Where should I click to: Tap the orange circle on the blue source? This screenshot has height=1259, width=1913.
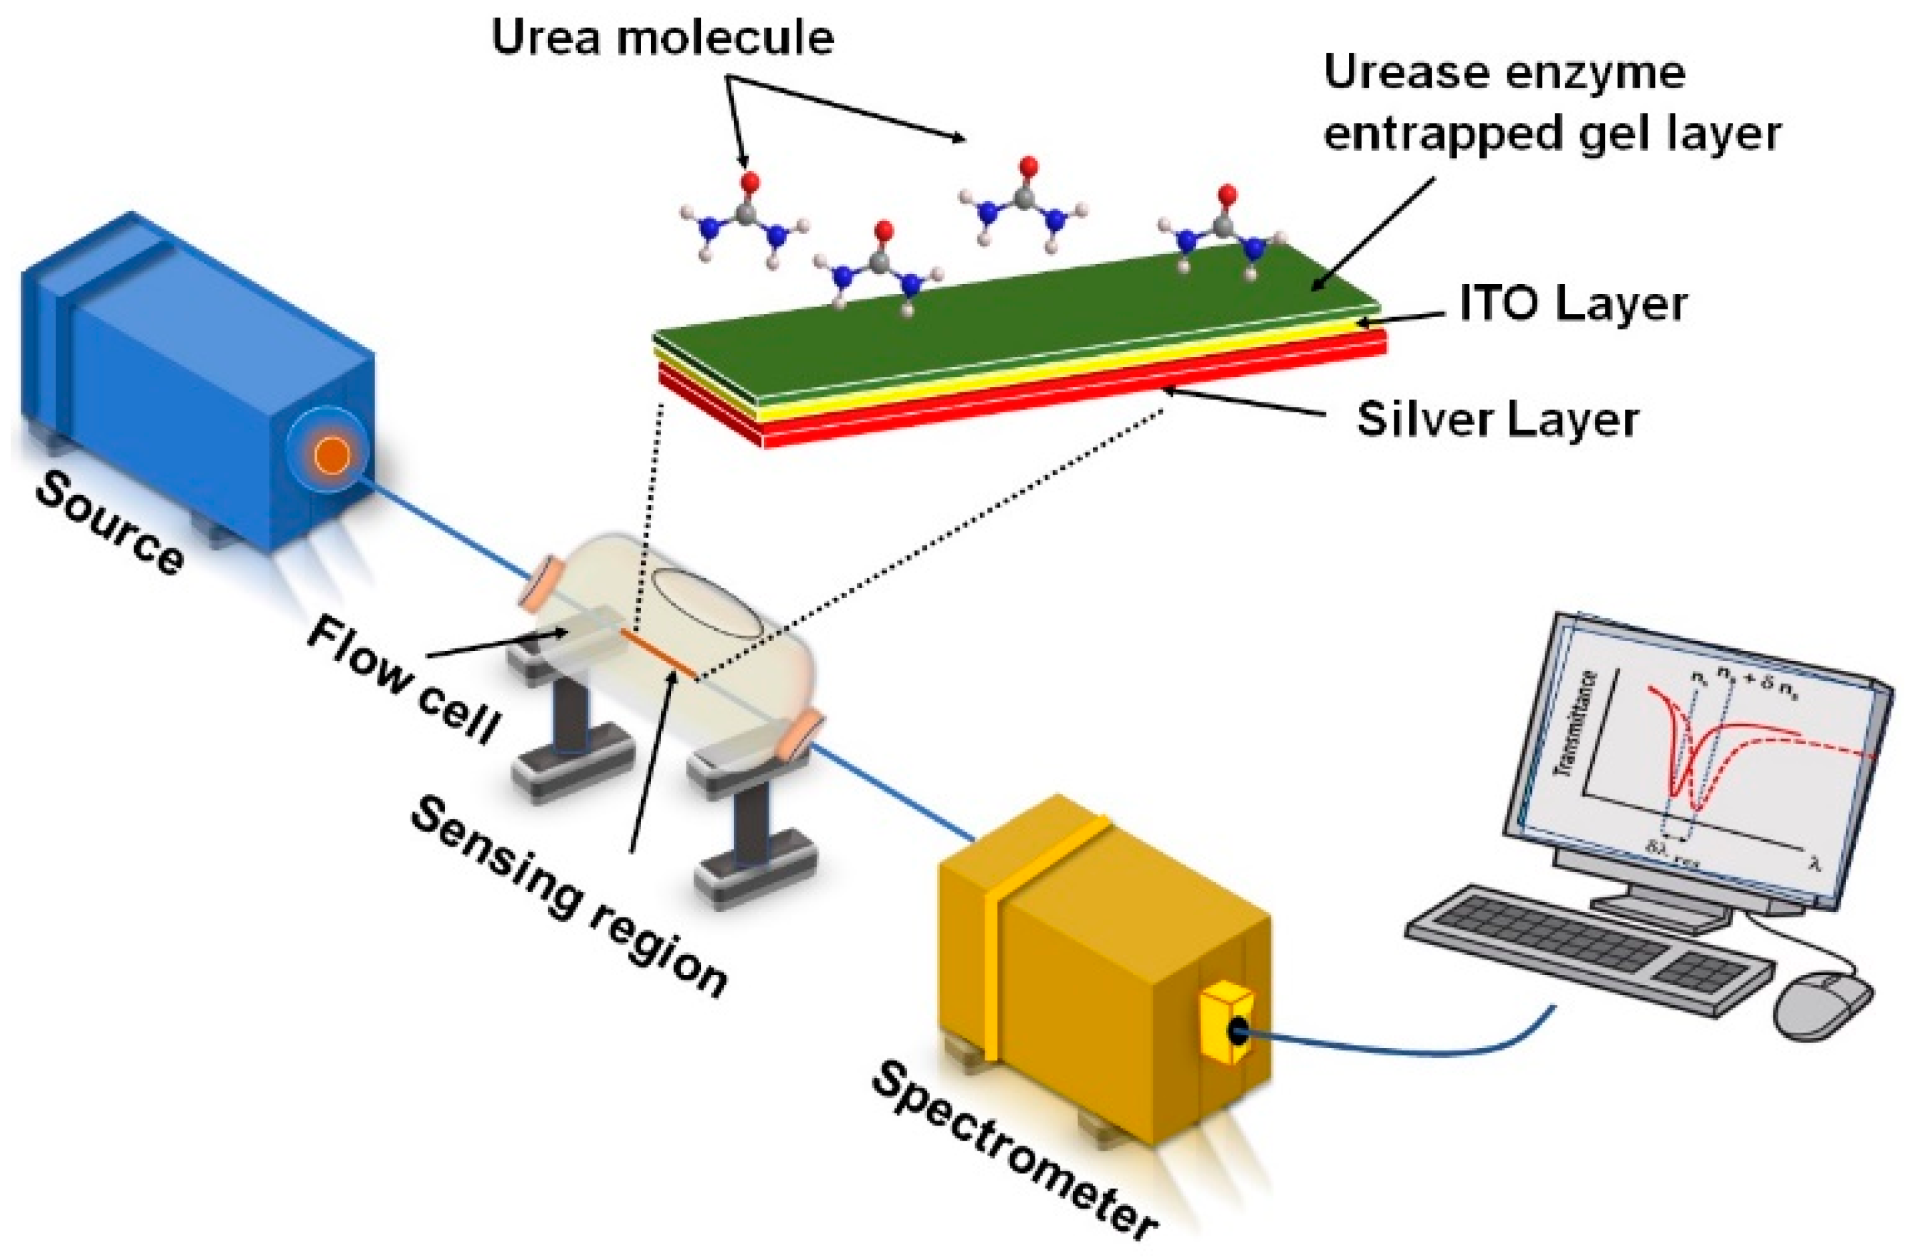click(331, 456)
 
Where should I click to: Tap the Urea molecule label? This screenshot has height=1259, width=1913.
click(662, 38)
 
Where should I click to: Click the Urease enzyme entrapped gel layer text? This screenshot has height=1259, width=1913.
click(1551, 103)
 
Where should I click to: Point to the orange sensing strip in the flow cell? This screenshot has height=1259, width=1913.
click(658, 652)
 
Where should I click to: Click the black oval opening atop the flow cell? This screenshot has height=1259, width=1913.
click(706, 603)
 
